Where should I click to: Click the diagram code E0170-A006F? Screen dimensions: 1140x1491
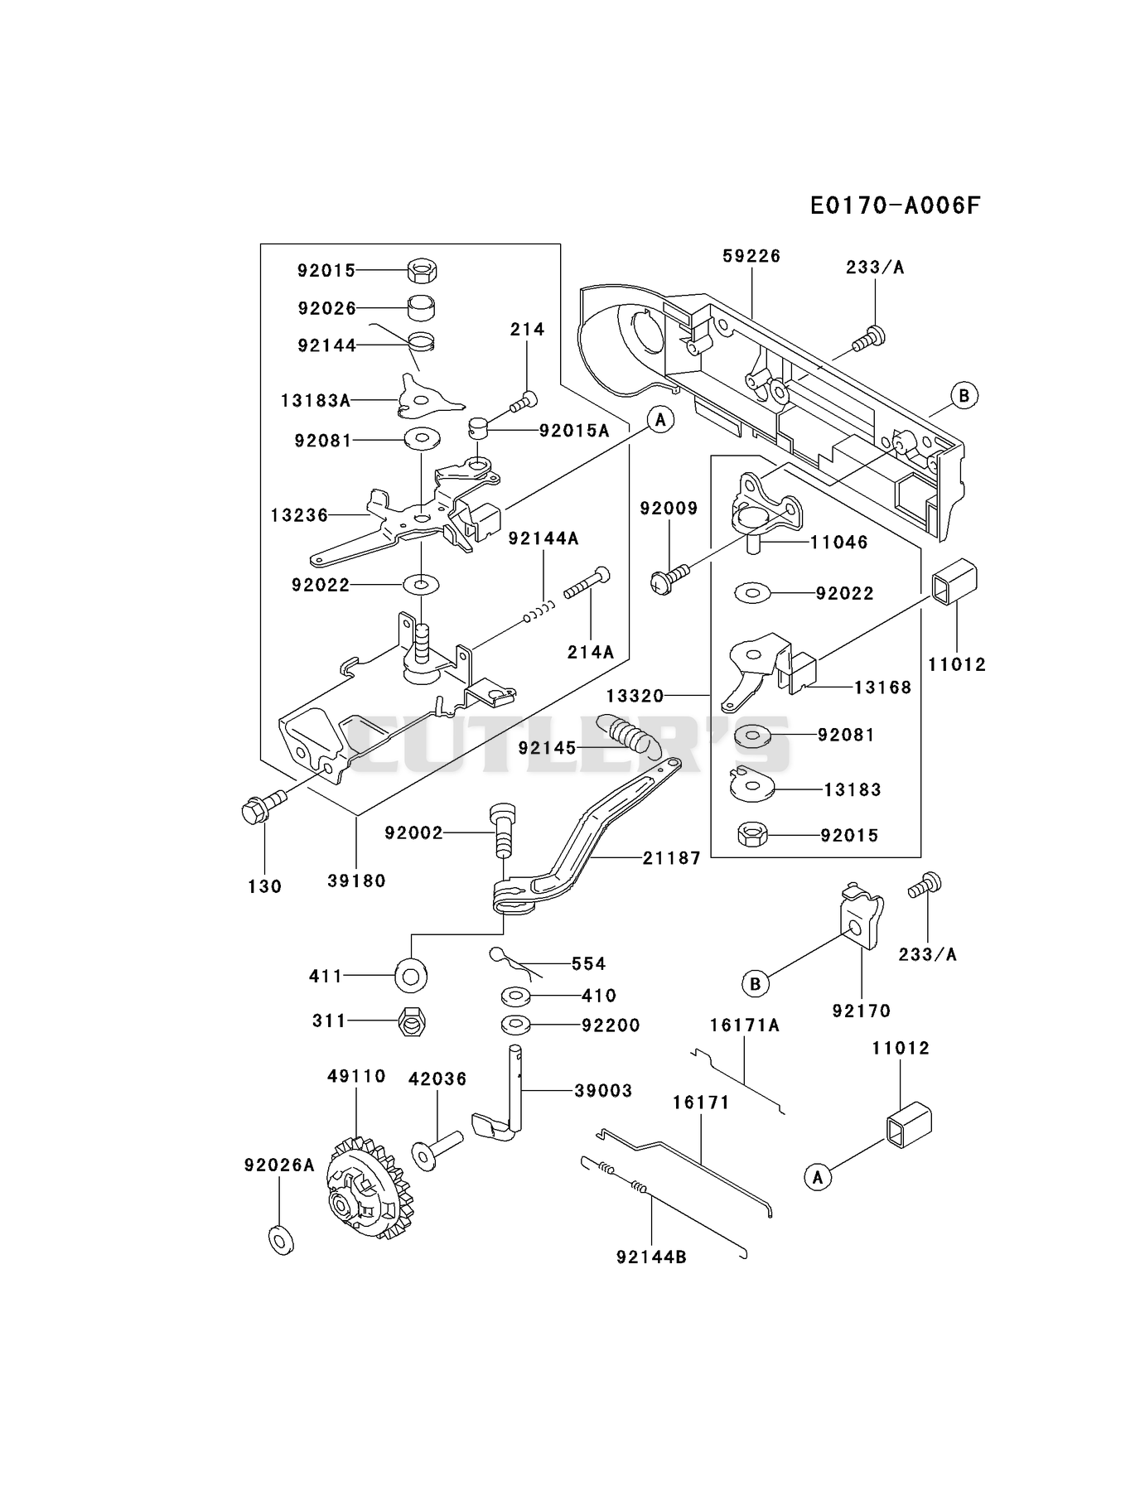(895, 205)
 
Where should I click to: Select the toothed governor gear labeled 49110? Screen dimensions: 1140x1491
(365, 1189)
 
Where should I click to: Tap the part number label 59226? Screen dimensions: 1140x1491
(751, 256)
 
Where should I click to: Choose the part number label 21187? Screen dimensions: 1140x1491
(672, 858)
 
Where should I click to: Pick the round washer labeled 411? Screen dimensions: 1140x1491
(411, 976)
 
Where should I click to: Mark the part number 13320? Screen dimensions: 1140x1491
(635, 696)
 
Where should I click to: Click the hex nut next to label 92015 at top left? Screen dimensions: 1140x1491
(423, 270)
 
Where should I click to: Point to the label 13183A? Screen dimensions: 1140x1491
(316, 401)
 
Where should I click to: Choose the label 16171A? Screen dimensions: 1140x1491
(745, 1025)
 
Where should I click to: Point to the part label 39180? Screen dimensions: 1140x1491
(356, 881)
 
